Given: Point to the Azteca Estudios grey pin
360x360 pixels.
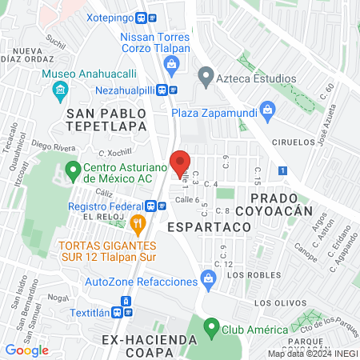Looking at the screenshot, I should [x=206, y=78].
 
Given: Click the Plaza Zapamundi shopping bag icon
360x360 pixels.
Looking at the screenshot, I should [x=269, y=109].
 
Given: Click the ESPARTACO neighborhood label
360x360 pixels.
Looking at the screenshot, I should [x=209, y=227].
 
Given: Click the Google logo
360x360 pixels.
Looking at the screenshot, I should [x=26, y=350].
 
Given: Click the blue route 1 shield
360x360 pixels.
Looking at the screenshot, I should [x=282, y=170].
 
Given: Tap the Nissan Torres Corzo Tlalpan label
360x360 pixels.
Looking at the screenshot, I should [x=155, y=43].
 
